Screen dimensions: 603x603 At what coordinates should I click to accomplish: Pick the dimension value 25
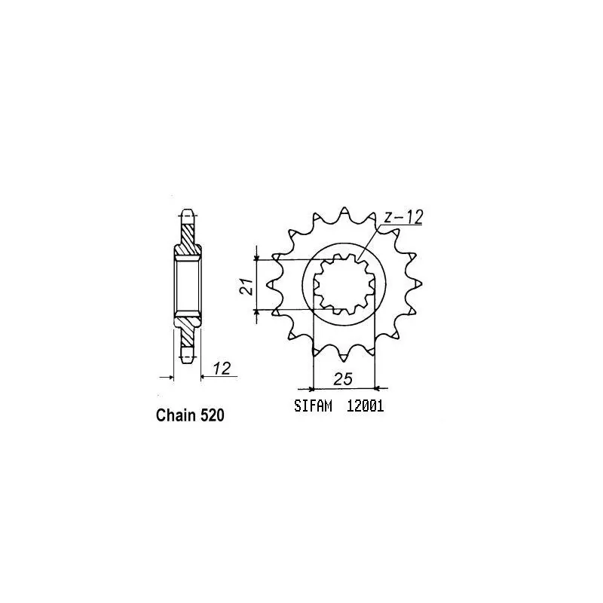pos(344,379)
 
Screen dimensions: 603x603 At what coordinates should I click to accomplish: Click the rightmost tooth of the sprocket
pos(417,284)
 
